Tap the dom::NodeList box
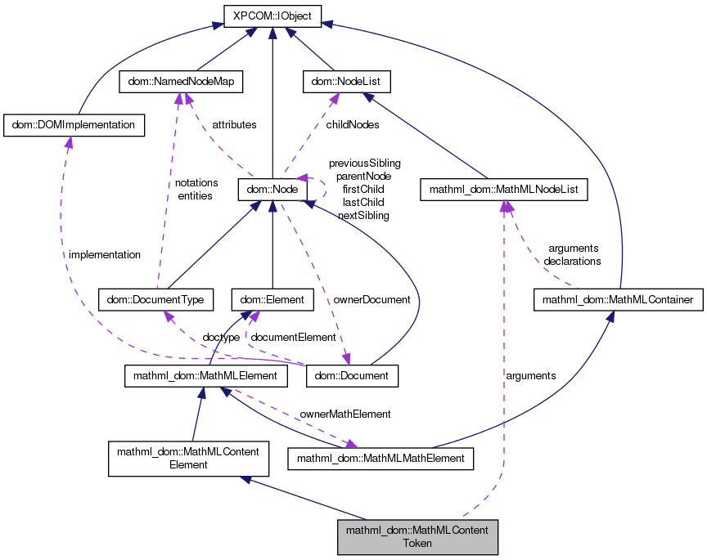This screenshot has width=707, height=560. coord(347,82)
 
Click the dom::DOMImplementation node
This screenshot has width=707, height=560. coord(74,125)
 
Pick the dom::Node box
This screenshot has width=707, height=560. coord(272,190)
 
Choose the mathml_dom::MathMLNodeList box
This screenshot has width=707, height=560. coord(504,190)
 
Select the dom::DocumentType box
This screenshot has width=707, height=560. coord(155,300)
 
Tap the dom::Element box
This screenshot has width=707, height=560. coord(272,300)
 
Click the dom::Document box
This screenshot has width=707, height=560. coord(352,376)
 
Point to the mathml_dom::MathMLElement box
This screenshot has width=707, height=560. coord(205,376)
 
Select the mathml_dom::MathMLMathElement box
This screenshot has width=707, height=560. coord(381,459)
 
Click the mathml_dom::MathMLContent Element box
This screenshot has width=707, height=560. coord(189,458)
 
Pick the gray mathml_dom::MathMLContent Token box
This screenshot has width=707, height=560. coord(417,536)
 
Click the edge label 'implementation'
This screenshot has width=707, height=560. coord(105,255)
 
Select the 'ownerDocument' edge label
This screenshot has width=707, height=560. coord(372,300)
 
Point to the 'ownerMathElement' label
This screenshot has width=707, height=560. coord(345,414)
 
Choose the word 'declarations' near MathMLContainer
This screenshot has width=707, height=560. coord(572,262)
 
